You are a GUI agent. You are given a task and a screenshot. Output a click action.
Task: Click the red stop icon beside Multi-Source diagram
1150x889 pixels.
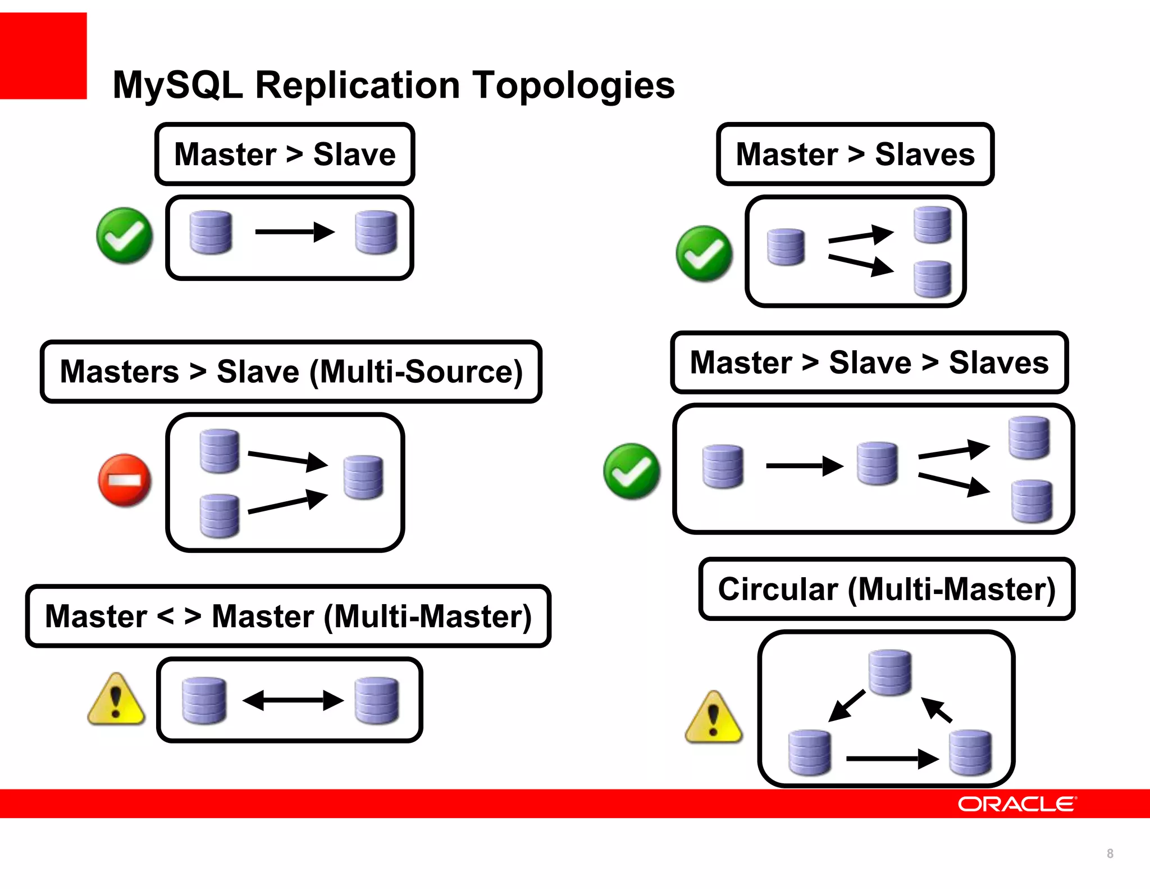[125, 480]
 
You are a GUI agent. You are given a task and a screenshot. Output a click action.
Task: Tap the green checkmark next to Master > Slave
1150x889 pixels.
[124, 235]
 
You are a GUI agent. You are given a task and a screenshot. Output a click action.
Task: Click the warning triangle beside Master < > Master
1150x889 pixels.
[116, 700]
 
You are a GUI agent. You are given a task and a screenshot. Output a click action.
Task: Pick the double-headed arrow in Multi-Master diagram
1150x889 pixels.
[293, 700]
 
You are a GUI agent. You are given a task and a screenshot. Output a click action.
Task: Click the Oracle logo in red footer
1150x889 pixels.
[1016, 804]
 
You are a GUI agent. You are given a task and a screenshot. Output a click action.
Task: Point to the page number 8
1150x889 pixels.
[1110, 853]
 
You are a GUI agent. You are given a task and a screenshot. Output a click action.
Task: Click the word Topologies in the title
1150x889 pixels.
[573, 85]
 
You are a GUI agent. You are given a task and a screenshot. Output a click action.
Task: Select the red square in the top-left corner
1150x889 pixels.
[43, 56]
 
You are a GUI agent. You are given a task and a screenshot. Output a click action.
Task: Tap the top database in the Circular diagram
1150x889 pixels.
[890, 672]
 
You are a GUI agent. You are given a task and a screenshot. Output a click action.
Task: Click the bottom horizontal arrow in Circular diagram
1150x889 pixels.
[892, 759]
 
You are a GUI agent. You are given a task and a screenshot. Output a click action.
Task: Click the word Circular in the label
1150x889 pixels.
[778, 589]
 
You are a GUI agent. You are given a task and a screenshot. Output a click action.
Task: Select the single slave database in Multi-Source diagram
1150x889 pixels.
[364, 477]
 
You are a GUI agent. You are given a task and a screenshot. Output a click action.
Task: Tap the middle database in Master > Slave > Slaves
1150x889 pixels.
[877, 464]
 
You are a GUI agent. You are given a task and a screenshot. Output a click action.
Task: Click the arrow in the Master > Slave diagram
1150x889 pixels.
[294, 232]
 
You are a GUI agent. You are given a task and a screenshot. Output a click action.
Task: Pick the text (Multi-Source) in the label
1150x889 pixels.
[416, 371]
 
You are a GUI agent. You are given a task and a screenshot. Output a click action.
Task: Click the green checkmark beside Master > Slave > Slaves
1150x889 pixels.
[632, 471]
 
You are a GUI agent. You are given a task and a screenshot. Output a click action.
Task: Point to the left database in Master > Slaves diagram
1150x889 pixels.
[786, 247]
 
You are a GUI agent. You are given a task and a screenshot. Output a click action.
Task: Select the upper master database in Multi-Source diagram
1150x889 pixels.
[220, 451]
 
